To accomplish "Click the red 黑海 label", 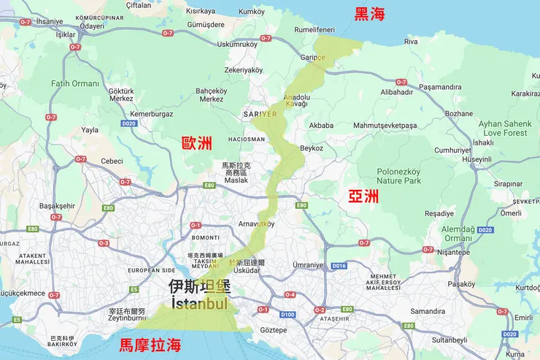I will pyautogui.click(x=370, y=13).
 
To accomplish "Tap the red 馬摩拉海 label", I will pyautogui.click(x=150, y=345).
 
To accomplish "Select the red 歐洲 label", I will pyautogui.click(x=197, y=143).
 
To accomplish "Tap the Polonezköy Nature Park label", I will pyautogui.click(x=398, y=176).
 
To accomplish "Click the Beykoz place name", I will pyautogui.click(x=312, y=148).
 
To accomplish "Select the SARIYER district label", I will pyautogui.click(x=259, y=115).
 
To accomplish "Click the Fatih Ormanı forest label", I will pyautogui.click(x=74, y=83).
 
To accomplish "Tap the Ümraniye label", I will pyautogui.click(x=307, y=264).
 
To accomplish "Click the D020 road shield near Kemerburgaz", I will pyautogui.click(x=129, y=124).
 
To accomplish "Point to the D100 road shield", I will pyautogui.click(x=288, y=315).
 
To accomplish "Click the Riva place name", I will pyautogui.click(x=411, y=42).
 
